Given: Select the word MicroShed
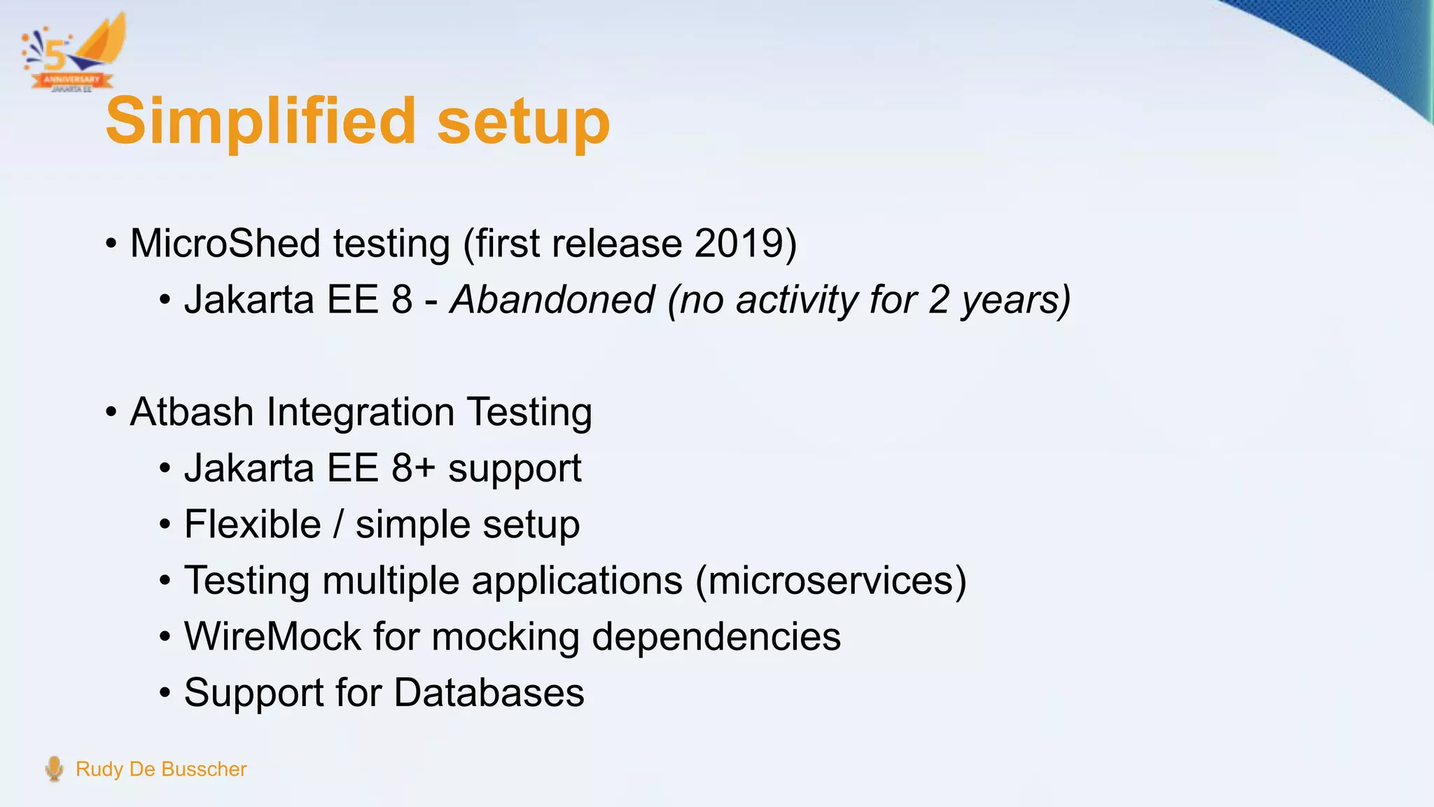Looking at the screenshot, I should (x=225, y=244).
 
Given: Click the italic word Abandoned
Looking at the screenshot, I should (x=552, y=300).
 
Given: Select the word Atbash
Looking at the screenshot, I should (x=191, y=412).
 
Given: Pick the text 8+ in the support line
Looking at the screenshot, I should (x=413, y=468).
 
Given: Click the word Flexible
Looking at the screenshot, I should (x=252, y=524).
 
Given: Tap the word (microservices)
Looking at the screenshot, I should (x=830, y=581).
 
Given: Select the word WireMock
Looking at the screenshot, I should (x=272, y=637).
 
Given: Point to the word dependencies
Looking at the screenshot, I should (x=716, y=637).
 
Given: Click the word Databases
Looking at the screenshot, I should (x=489, y=693).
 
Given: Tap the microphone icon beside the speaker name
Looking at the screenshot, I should (x=54, y=768).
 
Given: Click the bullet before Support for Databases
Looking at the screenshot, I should (x=165, y=694).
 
